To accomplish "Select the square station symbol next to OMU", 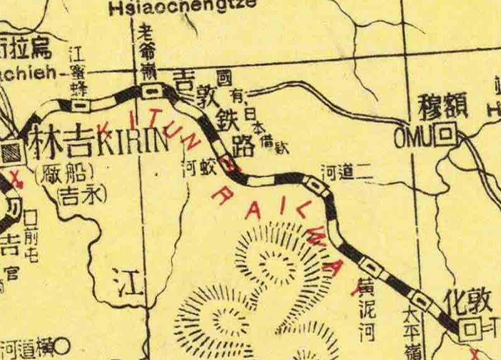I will [x=445, y=134].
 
